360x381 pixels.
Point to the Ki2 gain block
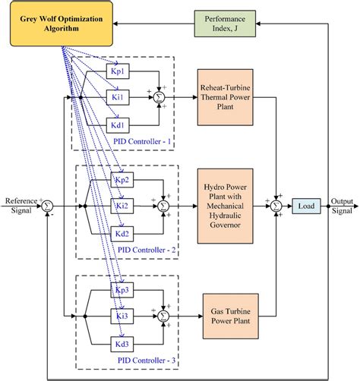(x=122, y=205)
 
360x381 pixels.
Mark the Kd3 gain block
(x=122, y=342)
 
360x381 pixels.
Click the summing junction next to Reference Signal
(x=47, y=205)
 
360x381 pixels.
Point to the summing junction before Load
(x=276, y=205)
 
